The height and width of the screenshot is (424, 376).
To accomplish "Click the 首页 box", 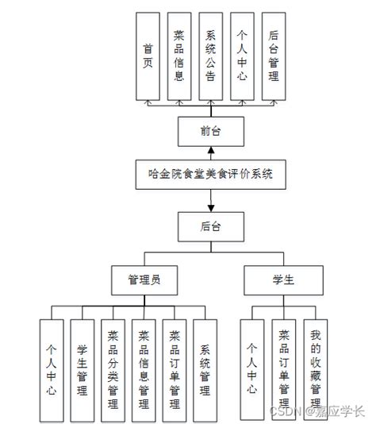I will tap(148, 56).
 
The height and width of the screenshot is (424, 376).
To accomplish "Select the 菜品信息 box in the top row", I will tap(179, 56).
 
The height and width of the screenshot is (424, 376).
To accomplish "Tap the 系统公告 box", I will tap(211, 56).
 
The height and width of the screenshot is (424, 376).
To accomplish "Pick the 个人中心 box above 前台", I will tap(242, 56).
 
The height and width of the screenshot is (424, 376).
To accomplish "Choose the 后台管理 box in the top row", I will tap(274, 56).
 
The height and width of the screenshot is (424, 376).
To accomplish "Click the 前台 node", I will tap(210, 129).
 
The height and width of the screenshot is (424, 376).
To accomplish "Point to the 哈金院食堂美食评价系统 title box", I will tap(210, 173).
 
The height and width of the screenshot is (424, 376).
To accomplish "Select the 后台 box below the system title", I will tap(210, 225).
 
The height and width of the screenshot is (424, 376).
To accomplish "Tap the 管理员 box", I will tap(144, 279).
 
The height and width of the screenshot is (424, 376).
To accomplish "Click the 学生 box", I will tap(283, 279).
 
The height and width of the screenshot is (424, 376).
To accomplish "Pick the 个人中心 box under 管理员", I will tap(52, 368).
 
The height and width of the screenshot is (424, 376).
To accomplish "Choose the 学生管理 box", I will tap(82, 368).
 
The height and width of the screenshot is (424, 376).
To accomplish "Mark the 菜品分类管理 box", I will tap(113, 368).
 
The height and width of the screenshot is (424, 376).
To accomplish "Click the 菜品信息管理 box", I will tap(144, 368).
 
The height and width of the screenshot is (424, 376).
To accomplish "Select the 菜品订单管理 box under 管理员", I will tap(175, 368).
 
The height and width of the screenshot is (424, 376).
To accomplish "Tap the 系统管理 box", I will tap(205, 368).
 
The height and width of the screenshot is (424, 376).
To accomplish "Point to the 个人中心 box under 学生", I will tap(252, 368).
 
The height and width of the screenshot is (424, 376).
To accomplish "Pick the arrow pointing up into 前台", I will tap(210, 151).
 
